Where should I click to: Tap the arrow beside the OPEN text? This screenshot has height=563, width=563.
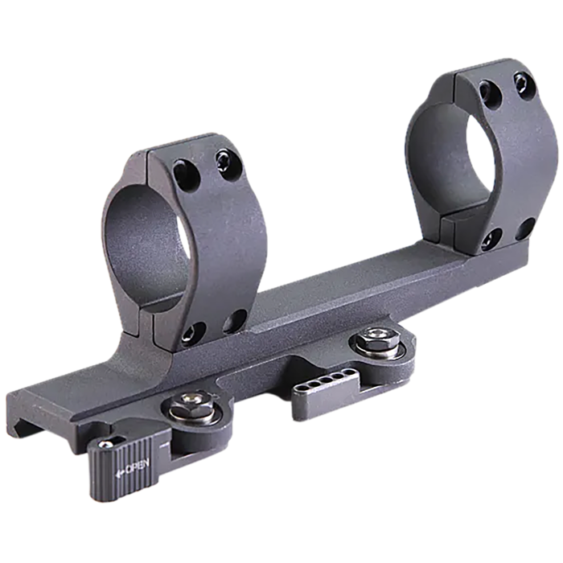point(120,474)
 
